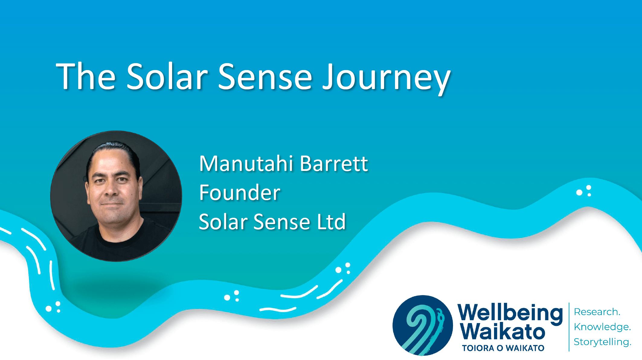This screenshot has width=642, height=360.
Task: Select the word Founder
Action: click(240, 192)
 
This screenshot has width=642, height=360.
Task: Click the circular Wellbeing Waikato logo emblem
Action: click(422, 325)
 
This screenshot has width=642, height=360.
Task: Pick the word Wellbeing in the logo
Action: click(510, 314)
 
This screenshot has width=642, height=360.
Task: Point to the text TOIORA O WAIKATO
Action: click(503, 348)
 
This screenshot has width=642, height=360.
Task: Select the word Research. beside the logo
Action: click(597, 312)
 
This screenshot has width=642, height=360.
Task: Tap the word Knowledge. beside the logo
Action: click(602, 327)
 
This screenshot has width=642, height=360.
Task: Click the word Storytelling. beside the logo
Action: click(602, 342)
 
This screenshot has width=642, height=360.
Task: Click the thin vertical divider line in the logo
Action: click(569, 327)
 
